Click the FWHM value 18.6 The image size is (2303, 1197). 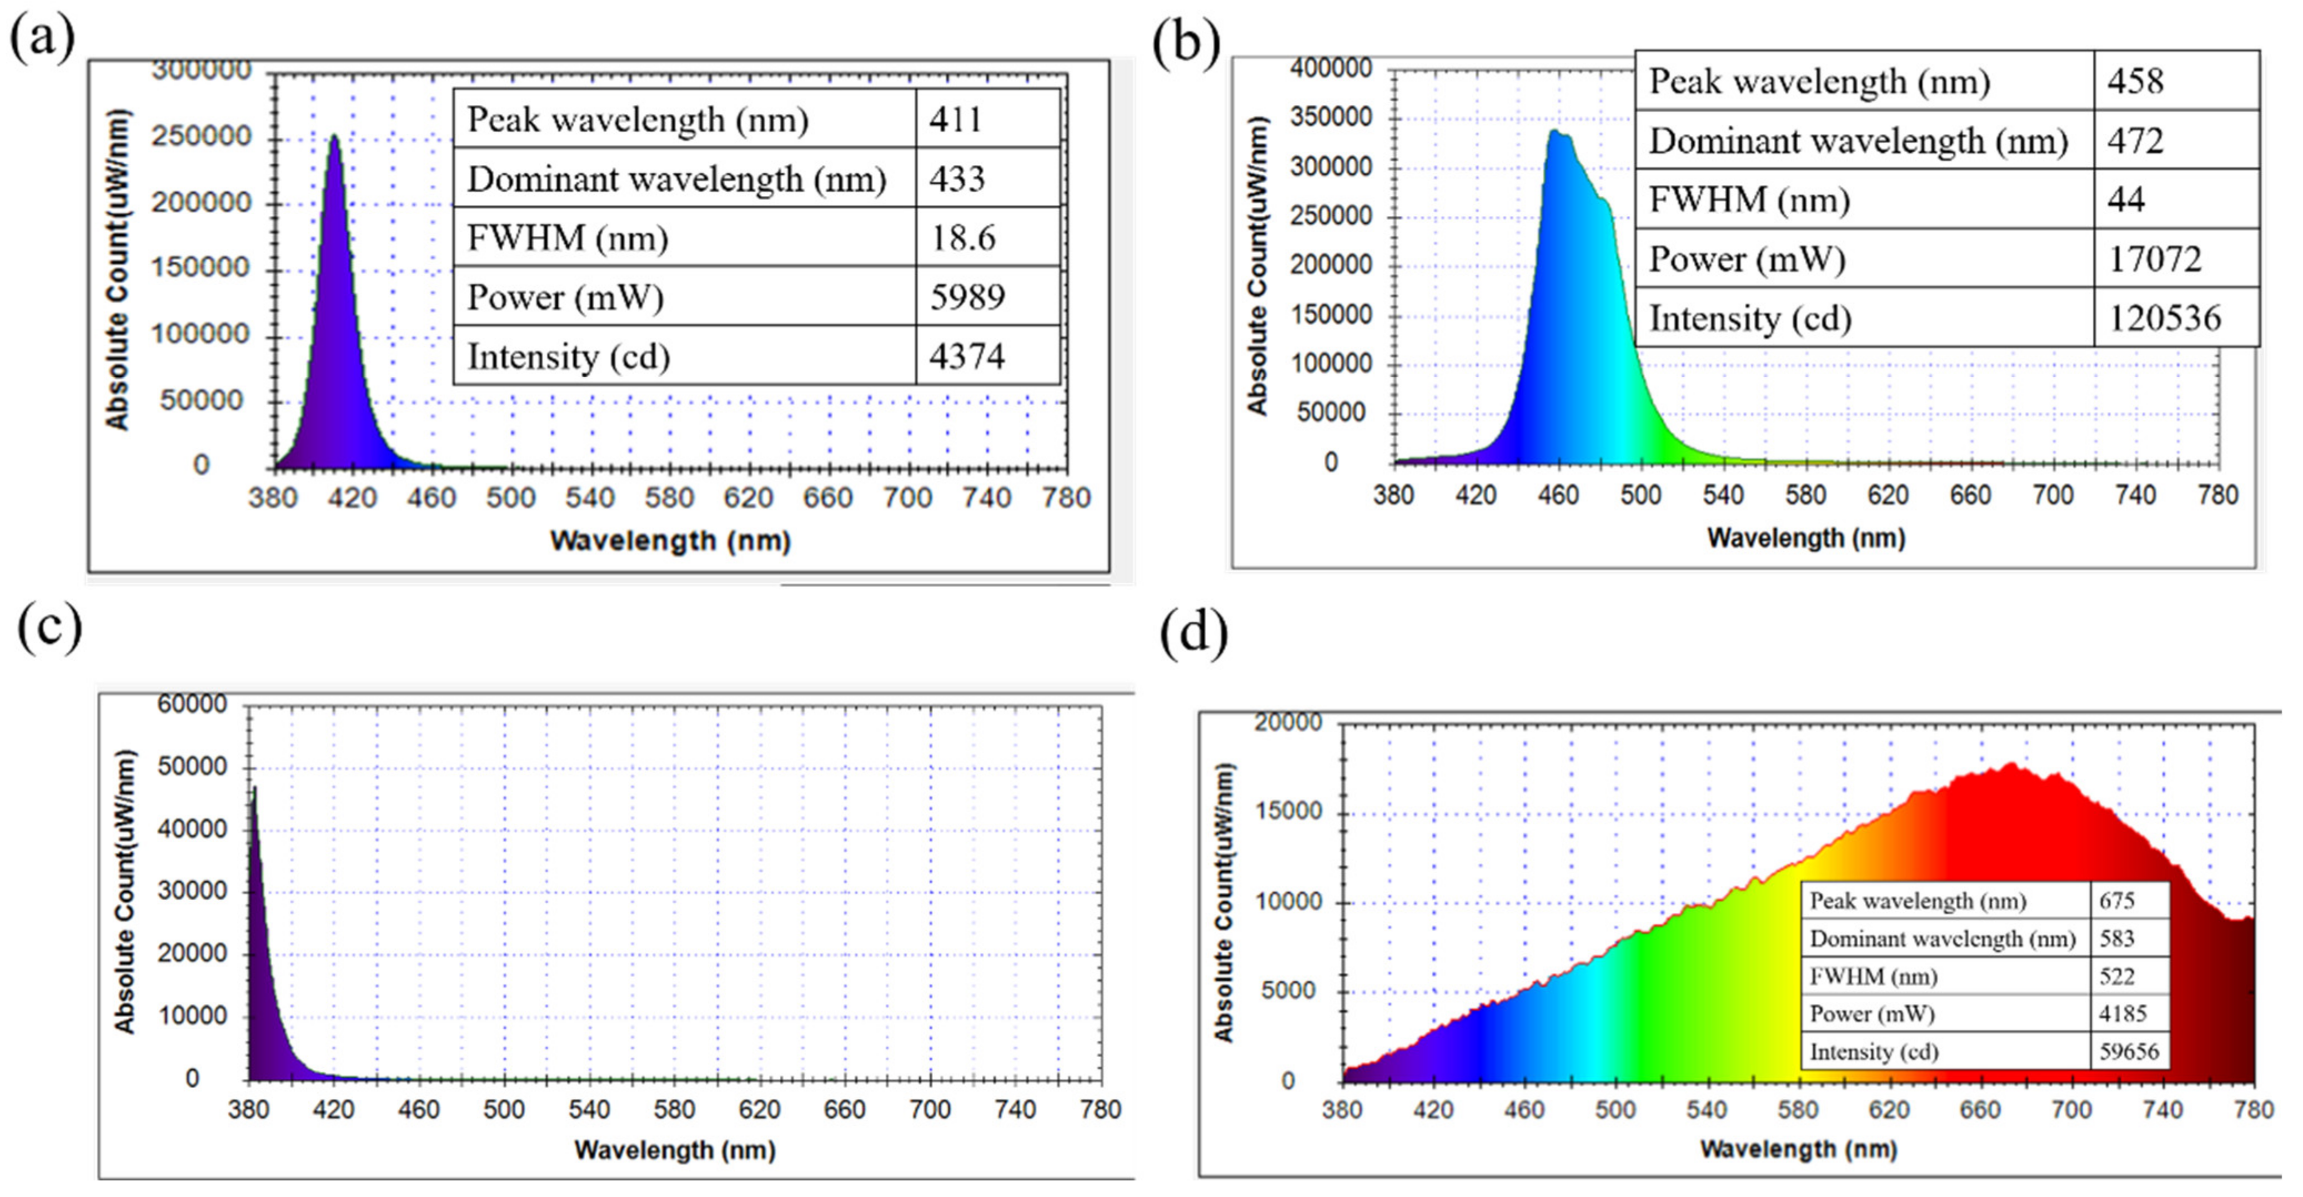click(963, 238)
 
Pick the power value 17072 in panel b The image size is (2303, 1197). click(2155, 259)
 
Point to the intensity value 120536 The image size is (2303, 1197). click(2164, 318)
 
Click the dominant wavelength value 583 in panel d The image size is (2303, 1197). click(2116, 939)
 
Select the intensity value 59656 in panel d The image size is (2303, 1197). click(2129, 1052)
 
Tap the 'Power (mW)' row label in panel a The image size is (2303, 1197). click(565, 298)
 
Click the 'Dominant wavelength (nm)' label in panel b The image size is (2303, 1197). click(1858, 141)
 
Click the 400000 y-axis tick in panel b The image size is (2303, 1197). click(1330, 68)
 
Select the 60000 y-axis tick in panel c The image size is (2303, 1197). click(192, 705)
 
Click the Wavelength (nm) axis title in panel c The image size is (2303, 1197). click(674, 1150)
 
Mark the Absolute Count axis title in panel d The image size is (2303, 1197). click(1223, 902)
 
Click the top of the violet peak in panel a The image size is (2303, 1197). click(333, 137)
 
